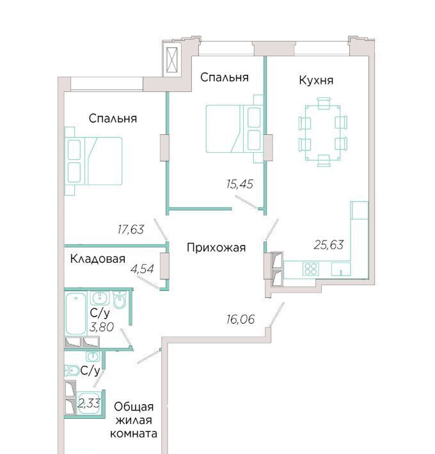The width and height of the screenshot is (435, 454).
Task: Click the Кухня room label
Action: tap(316, 80)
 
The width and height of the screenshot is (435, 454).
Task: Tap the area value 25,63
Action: tap(329, 245)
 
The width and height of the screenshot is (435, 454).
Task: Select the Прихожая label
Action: tap(216, 248)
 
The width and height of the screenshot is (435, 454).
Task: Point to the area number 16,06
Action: tap(241, 319)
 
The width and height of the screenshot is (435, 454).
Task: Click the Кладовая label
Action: tap(98, 258)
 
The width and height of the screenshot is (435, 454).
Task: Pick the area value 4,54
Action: tap(142, 269)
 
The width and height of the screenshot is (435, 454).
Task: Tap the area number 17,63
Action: tap(130, 230)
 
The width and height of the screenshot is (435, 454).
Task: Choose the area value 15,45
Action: tap(240, 184)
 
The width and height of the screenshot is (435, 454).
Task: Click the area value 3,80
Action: tap(102, 327)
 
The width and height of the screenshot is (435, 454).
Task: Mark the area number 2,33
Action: tap(89, 403)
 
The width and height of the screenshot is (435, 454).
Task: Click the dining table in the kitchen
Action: tap(323, 132)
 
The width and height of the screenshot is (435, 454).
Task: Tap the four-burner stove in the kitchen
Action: tap(311, 269)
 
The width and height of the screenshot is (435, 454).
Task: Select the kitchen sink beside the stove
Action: tap(341, 269)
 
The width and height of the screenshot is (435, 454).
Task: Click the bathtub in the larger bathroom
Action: tap(75, 314)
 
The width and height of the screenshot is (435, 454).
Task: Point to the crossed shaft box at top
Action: tap(172, 60)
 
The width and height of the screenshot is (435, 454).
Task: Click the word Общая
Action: tap(134, 407)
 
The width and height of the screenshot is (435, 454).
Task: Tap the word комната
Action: tap(134, 434)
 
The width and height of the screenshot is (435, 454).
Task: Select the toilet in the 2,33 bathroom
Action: tap(72, 370)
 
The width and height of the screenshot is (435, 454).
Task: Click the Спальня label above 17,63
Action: tap(113, 118)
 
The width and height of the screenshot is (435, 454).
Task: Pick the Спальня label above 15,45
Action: tap(225, 77)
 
